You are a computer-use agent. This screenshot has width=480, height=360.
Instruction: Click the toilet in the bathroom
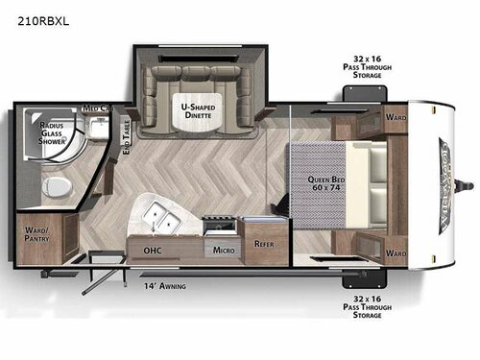click(57, 185)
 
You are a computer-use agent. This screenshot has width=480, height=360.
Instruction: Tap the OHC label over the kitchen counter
click(152, 250)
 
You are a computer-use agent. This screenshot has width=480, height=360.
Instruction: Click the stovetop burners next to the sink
click(217, 226)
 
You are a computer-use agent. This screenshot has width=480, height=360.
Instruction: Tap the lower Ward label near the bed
click(396, 253)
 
